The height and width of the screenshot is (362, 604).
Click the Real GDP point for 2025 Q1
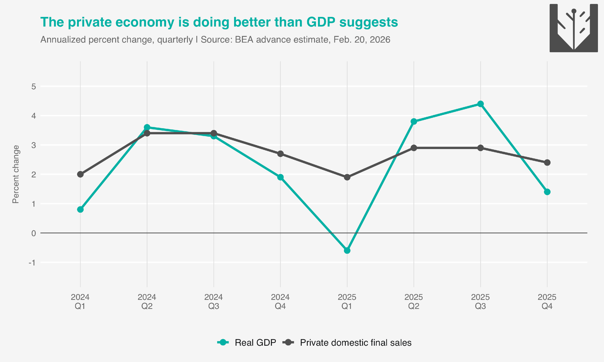pyautogui.click(x=347, y=250)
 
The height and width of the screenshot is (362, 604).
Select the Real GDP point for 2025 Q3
pyautogui.click(x=480, y=104)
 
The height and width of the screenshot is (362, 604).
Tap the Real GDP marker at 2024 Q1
pyautogui.click(x=80, y=209)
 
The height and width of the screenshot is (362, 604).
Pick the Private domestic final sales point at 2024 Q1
pyautogui.click(x=80, y=174)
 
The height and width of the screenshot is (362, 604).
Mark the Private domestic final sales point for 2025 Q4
pyautogui.click(x=547, y=163)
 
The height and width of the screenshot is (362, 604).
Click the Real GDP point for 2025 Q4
pyautogui.click(x=547, y=192)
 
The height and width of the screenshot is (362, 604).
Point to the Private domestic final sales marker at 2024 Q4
pyautogui.click(x=280, y=154)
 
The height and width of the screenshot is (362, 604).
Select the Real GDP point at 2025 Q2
pyautogui.click(x=414, y=122)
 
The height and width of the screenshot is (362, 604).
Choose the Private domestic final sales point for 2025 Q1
pyautogui.click(x=347, y=177)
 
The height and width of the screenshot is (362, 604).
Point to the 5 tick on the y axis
pyautogui.click(x=34, y=87)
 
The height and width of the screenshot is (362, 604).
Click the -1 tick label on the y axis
pyautogui.click(x=32, y=263)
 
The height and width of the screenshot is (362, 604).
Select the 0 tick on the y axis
pyautogui.click(x=34, y=233)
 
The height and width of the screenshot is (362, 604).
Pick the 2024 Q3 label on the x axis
pyautogui.click(x=214, y=302)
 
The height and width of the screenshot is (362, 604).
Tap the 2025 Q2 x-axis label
pyautogui.click(x=414, y=302)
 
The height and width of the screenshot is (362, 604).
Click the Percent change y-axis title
pyautogui.click(x=16, y=174)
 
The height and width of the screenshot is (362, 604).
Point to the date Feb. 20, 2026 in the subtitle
pyautogui.click(x=362, y=40)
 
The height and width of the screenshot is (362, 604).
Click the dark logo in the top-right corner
pyautogui.click(x=573, y=28)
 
